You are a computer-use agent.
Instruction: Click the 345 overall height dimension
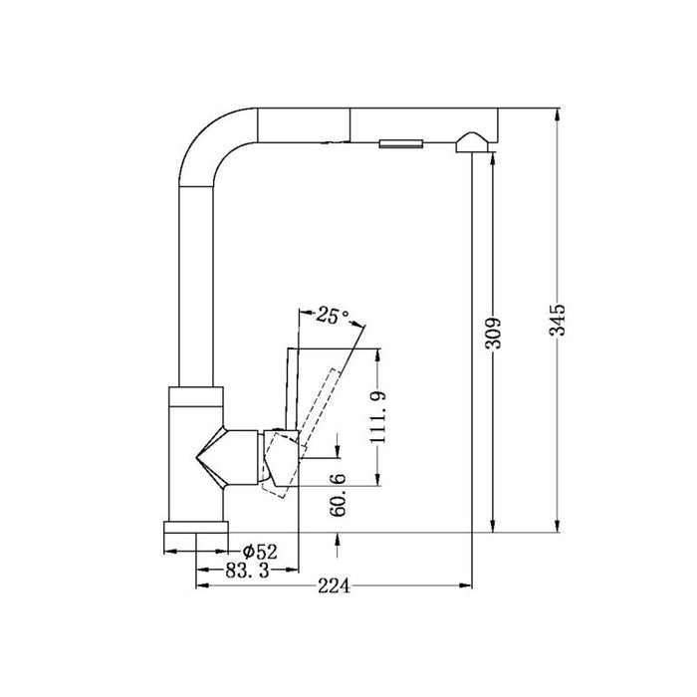pos(557,320)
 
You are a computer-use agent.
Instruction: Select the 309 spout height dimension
pos(494,333)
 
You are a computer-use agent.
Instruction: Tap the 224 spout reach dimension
pos(334,586)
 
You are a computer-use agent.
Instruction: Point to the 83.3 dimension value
pos(248,570)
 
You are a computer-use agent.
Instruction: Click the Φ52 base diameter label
pos(260,552)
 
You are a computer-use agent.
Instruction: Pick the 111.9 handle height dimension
pos(377,417)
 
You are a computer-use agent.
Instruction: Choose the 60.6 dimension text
pos(339,495)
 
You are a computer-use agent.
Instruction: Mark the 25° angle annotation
pos(333,316)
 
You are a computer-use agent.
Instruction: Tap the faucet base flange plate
pos(196,527)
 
